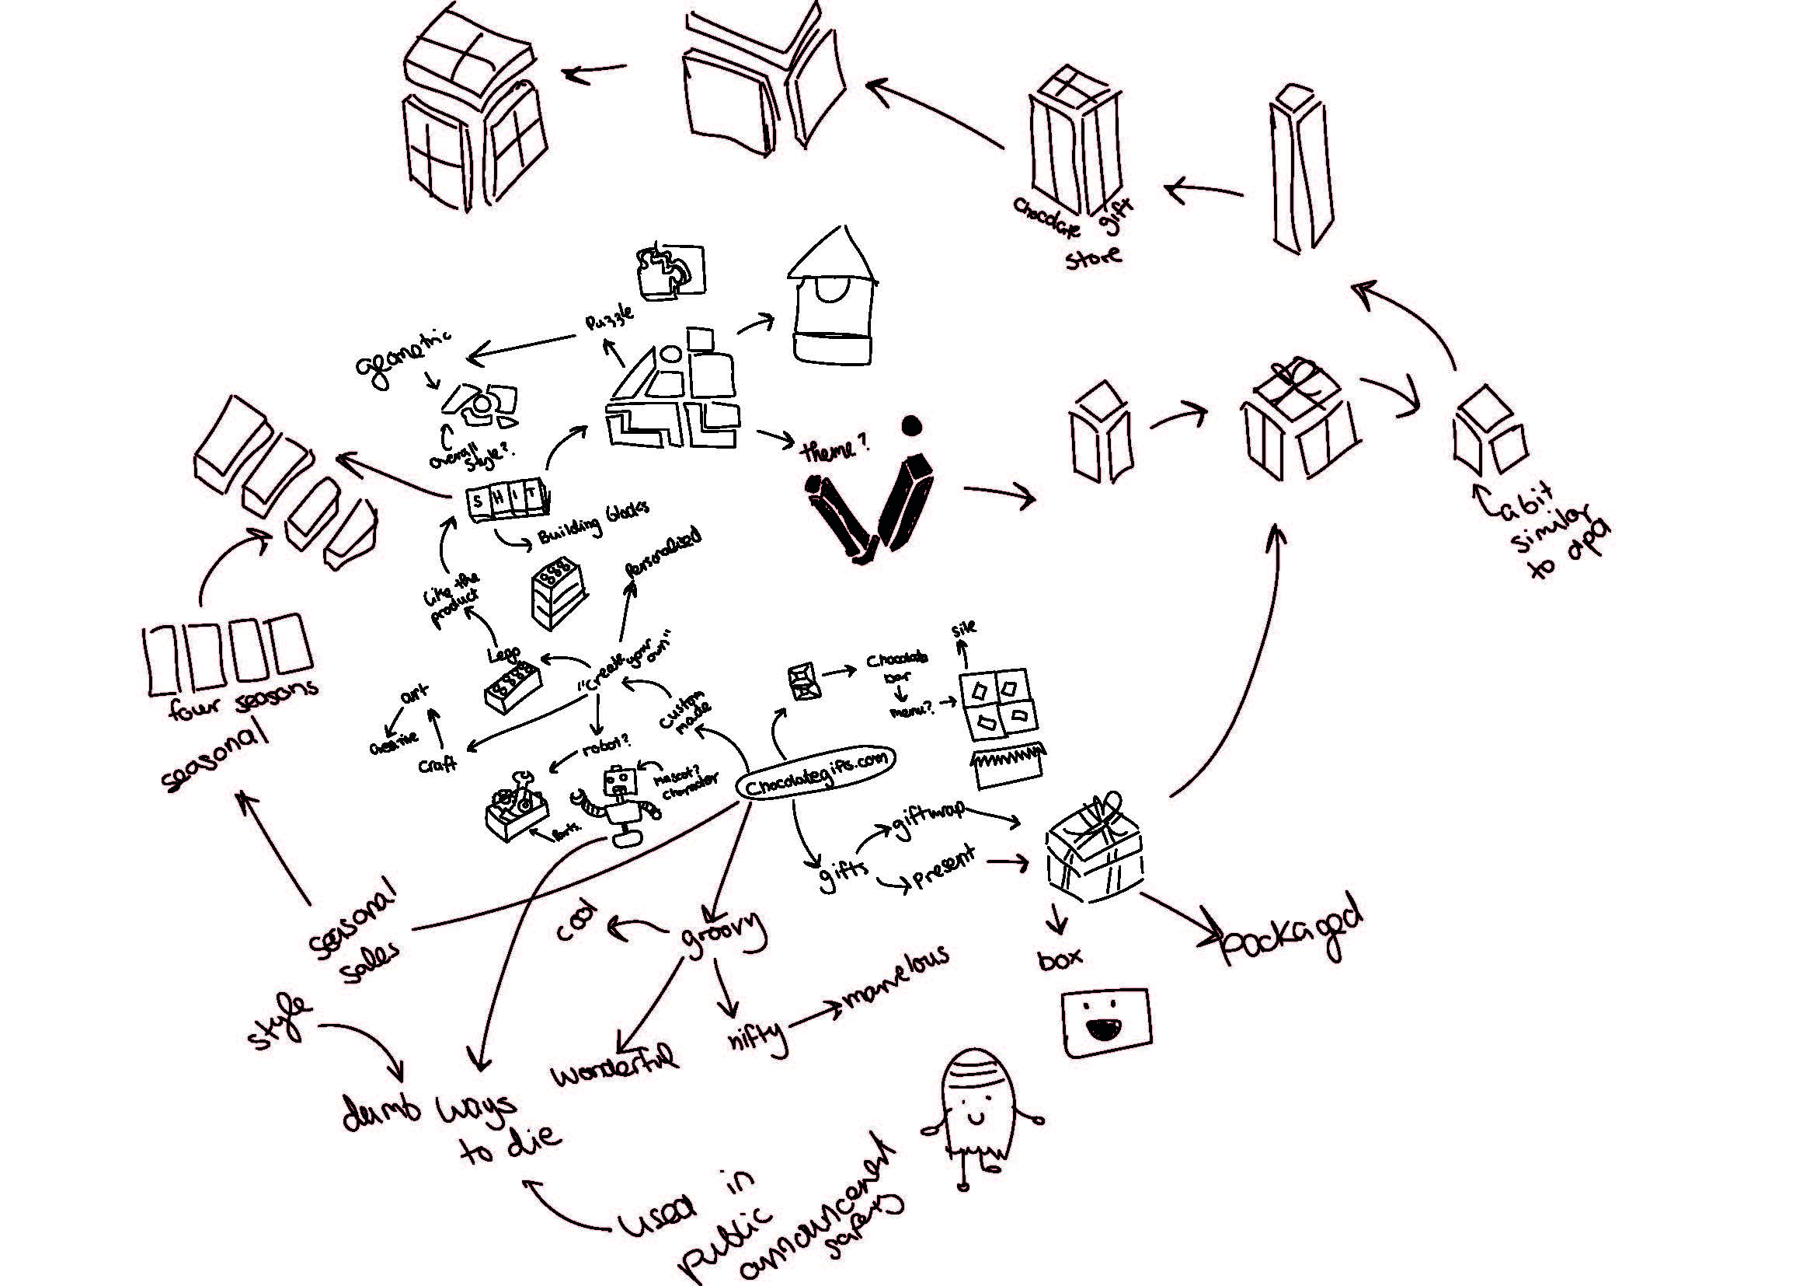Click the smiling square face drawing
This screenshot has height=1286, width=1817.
click(x=1106, y=1022)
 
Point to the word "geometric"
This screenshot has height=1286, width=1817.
click(x=404, y=356)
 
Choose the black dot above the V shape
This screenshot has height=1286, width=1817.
click(x=912, y=426)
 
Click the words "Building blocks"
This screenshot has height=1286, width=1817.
click(x=593, y=522)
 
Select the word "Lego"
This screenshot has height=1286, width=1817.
click(x=503, y=654)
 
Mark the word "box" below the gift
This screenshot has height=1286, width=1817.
click(x=1060, y=959)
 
